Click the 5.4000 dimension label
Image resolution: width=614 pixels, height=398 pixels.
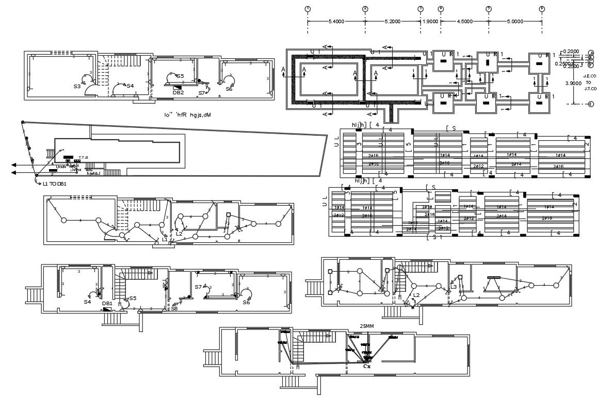tap(336, 22)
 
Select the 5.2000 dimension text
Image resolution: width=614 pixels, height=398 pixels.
tap(393, 22)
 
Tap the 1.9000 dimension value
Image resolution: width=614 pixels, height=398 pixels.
tap(430, 22)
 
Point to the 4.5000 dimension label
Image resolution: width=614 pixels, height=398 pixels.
tap(464, 22)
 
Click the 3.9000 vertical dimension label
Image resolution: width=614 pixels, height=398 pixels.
tap(573, 82)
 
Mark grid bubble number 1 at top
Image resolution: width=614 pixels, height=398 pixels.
tap(308, 9)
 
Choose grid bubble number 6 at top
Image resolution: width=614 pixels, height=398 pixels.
tap(542, 9)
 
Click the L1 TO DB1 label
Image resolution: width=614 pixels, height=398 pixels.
tap(55, 184)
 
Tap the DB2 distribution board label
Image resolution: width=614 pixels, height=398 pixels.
tap(178, 93)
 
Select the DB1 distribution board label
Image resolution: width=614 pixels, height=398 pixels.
tap(107, 304)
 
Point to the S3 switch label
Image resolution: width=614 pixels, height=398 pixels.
tap(77, 86)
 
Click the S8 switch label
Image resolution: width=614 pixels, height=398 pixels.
tap(174, 308)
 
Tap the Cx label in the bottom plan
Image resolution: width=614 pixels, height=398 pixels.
tap(367, 367)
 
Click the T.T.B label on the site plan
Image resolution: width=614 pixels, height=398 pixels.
tap(84, 157)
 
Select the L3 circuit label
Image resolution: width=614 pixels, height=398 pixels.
tap(454, 287)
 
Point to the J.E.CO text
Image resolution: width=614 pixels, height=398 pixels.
tap(590, 76)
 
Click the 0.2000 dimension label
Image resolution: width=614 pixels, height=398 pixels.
tap(571, 51)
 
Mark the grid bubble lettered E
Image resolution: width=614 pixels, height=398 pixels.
tap(591, 104)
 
